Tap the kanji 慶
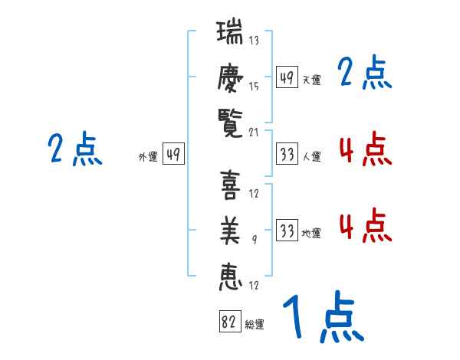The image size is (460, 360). (230, 77)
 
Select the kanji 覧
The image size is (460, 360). (230, 123)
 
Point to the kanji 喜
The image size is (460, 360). (230, 185)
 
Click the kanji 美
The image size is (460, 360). (230, 231)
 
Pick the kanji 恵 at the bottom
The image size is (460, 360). (230, 277)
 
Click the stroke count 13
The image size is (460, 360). (254, 40)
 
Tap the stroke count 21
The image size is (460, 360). (254, 133)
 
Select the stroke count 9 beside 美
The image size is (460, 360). (255, 240)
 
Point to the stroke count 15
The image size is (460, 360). (254, 87)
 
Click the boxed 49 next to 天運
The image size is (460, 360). (287, 77)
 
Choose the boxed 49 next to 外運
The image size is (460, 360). (173, 153)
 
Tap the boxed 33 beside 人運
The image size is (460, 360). (287, 154)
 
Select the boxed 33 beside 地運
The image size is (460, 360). (287, 230)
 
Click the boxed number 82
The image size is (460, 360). (230, 321)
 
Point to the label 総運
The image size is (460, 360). (255, 325)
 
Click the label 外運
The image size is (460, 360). (148, 157)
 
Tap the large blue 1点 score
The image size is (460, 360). (324, 316)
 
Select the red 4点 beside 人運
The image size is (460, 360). (366, 149)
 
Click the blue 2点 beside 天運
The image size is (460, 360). (365, 72)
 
